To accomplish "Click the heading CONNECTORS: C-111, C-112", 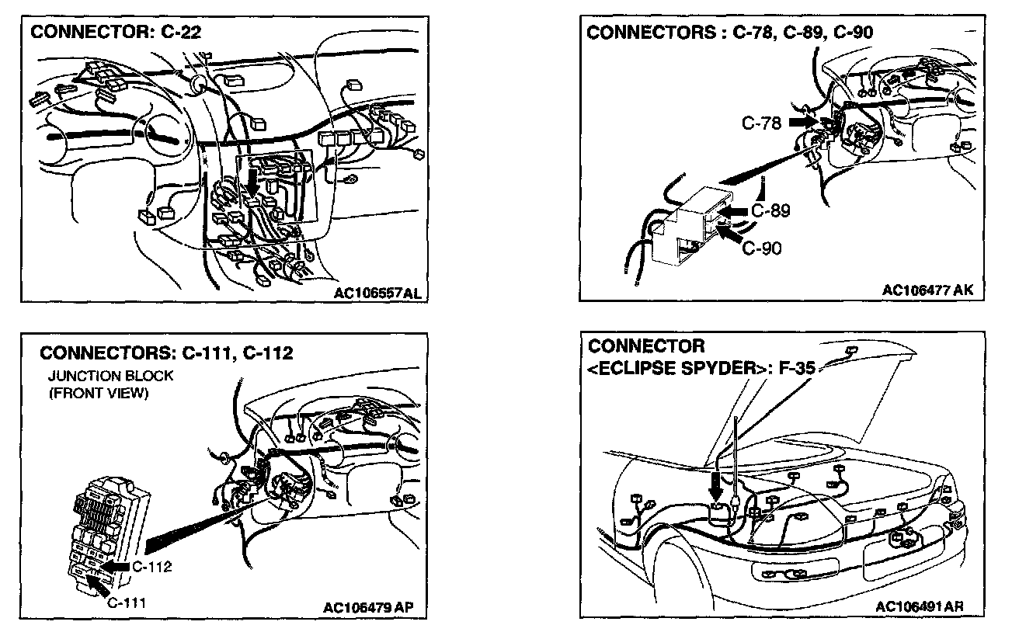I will click(166, 354).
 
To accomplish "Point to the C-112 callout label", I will click(151, 566).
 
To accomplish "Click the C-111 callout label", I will click(126, 602).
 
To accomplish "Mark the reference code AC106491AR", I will click(919, 606).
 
